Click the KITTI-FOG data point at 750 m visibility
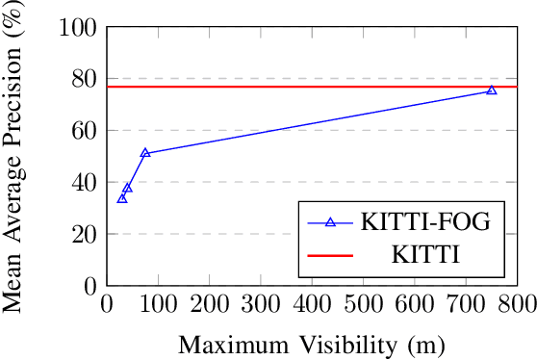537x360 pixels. click(492, 90)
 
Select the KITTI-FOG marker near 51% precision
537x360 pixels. click(145, 153)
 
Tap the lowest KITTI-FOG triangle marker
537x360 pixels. click(122, 198)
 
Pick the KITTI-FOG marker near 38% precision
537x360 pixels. click(127, 188)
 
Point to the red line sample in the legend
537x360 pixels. click(330, 257)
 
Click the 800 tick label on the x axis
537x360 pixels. click(518, 305)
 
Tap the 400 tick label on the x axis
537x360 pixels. click(312, 305)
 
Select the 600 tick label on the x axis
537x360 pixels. click(415, 305)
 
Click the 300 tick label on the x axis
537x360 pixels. click(261, 305)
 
